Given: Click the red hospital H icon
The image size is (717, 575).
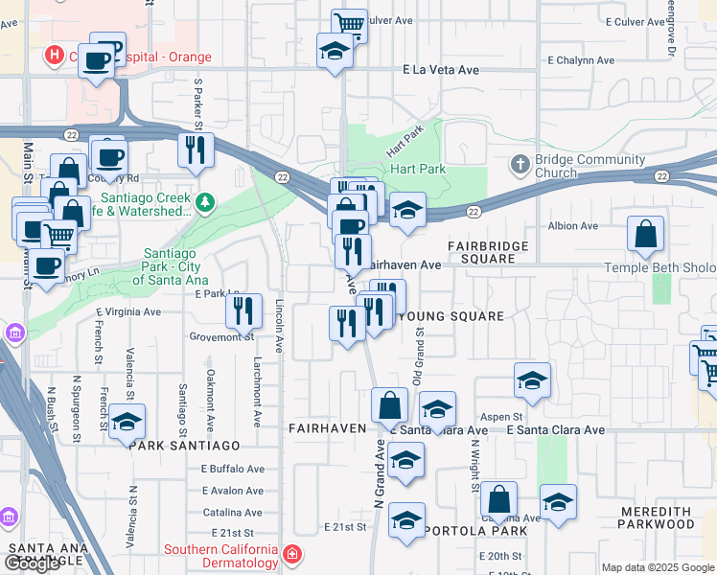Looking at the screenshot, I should (56, 57).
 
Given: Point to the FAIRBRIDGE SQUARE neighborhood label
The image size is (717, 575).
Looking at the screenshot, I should (494, 252).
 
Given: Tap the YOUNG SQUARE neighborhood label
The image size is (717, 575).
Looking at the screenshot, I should (450, 316).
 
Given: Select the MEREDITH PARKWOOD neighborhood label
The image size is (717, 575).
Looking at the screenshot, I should (668, 517).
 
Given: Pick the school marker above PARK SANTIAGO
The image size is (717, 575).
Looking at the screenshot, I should (127, 422).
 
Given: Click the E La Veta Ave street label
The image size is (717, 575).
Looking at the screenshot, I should (441, 70).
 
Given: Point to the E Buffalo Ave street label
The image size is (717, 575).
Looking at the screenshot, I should (232, 469).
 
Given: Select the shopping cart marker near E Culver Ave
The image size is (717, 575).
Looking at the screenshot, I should (350, 25).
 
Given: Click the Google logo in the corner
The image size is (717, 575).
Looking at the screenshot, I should (32, 563).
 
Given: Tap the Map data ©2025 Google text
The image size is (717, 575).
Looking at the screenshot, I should (658, 567).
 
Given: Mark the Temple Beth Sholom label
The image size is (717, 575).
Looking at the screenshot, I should (659, 268).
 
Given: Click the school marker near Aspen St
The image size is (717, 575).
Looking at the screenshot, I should (532, 380).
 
